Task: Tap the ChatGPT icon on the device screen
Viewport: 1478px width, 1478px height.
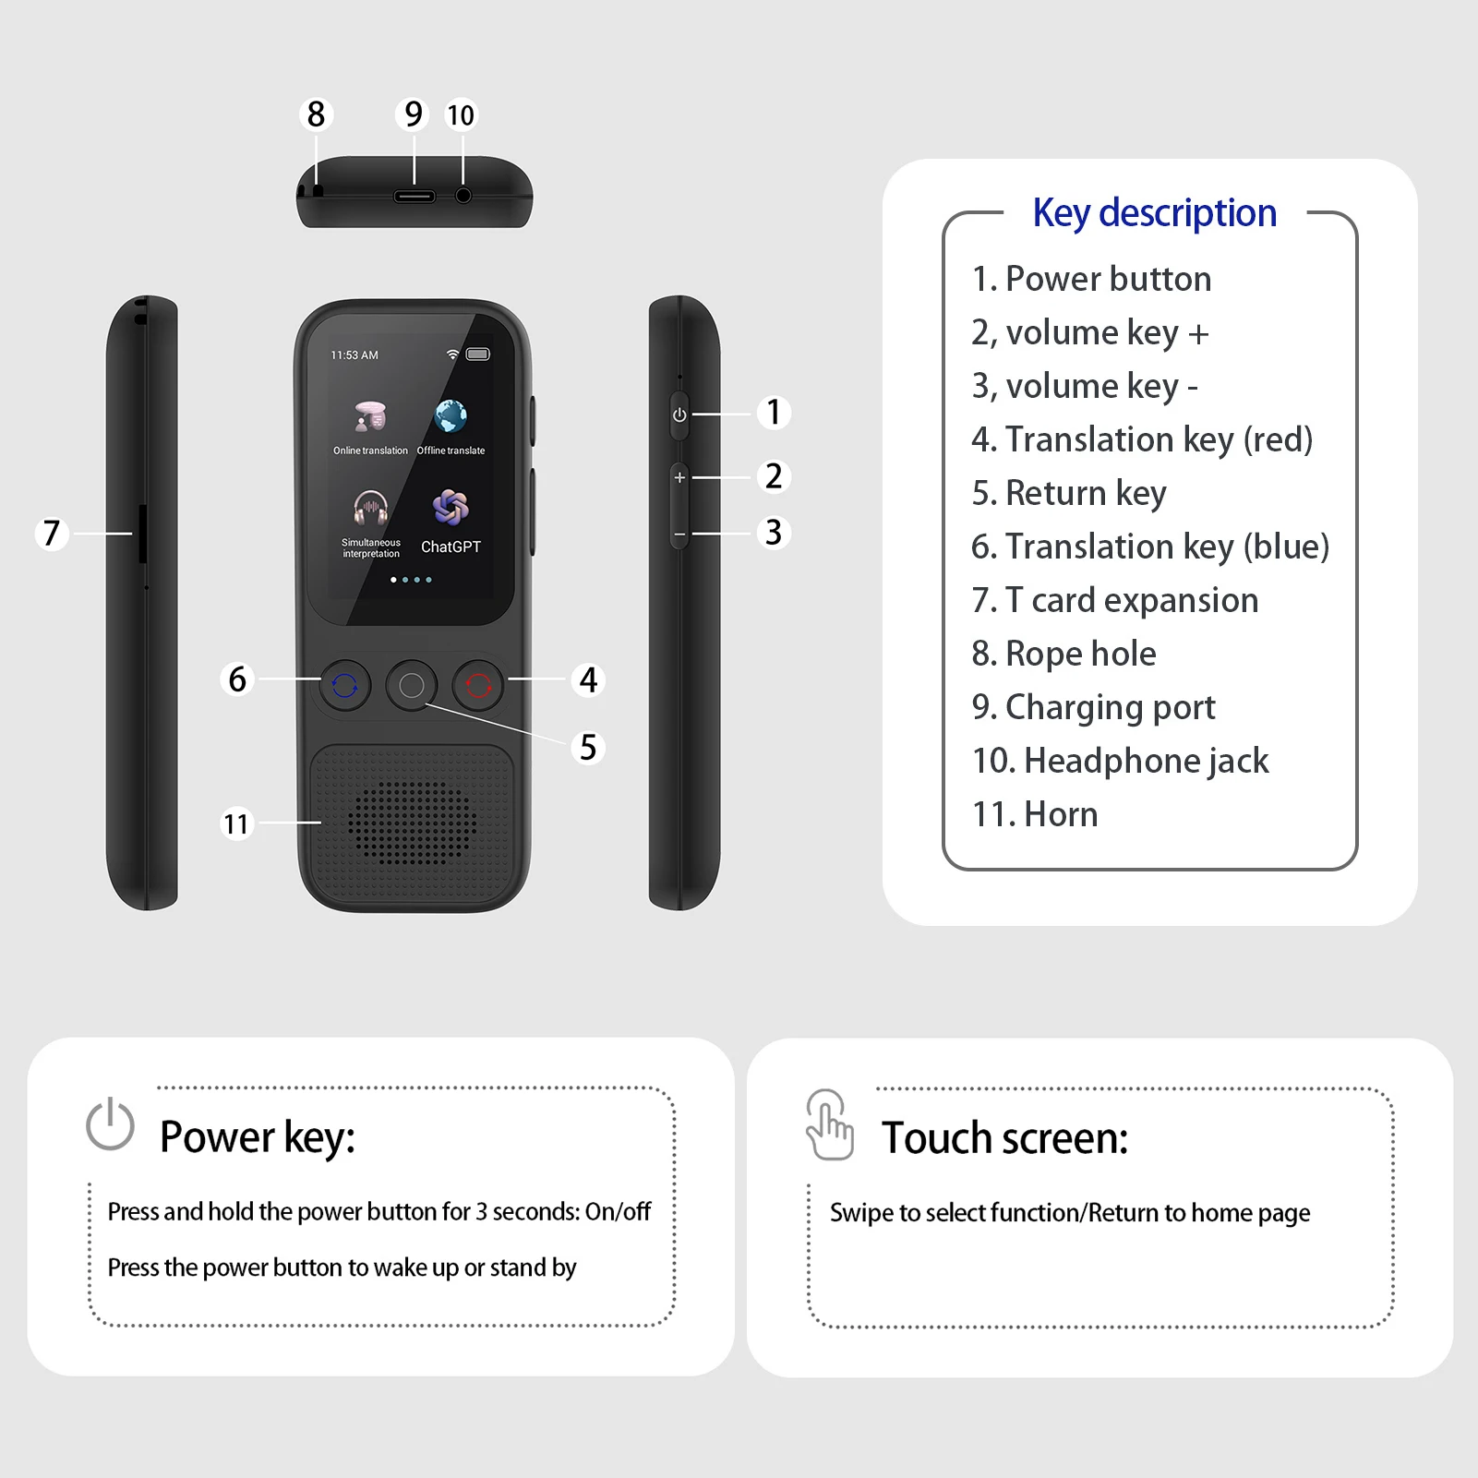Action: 451,508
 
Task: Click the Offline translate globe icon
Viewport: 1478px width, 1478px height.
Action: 451,416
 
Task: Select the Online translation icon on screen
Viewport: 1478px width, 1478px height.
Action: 370,417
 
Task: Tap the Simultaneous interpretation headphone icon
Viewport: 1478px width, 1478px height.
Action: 370,508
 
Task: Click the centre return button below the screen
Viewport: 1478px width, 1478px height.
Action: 412,685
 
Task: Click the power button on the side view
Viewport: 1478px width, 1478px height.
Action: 679,415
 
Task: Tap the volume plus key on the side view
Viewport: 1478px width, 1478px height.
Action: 679,477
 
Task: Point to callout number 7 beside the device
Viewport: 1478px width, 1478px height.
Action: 52,533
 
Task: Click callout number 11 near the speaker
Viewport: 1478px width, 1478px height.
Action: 236,823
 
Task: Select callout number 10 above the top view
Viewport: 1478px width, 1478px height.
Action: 460,115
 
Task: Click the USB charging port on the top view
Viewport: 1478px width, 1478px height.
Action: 415,197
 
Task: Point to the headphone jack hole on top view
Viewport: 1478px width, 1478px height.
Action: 463,196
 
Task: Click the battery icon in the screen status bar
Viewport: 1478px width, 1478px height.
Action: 478,354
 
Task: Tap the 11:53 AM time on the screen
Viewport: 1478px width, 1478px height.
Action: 354,355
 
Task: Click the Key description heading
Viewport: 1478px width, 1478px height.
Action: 1154,213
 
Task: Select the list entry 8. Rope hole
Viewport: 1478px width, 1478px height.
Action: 1063,654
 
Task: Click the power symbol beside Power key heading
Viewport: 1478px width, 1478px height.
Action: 110,1124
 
